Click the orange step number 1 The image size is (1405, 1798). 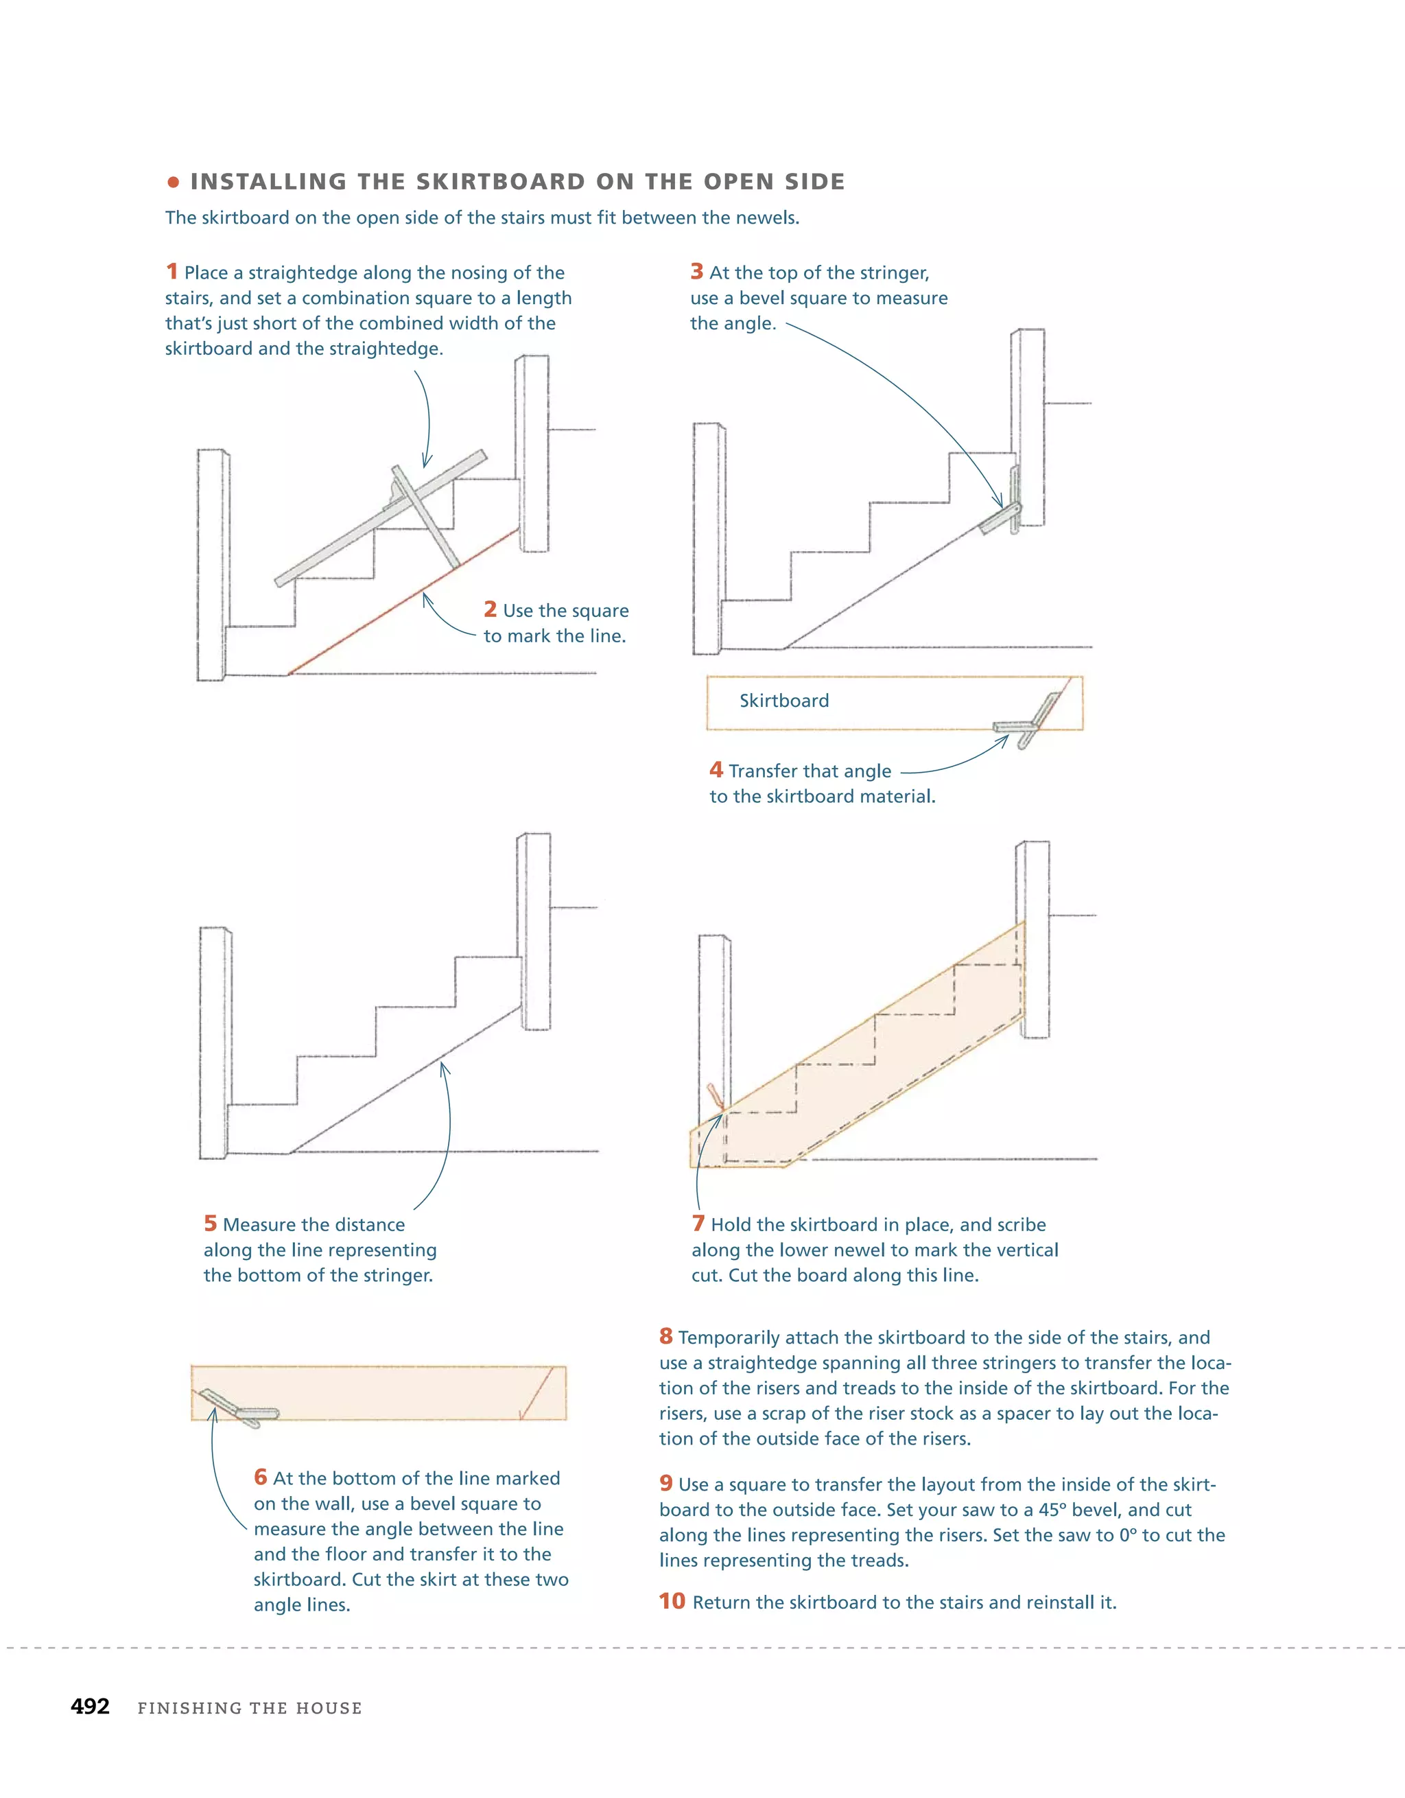(172, 271)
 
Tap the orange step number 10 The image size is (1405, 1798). (672, 1600)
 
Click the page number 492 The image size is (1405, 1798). (90, 1706)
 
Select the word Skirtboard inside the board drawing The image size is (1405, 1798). (783, 701)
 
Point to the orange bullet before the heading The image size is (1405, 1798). (173, 182)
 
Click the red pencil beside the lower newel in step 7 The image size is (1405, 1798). (716, 1096)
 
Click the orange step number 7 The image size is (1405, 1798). (698, 1224)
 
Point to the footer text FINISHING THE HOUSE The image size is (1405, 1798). (250, 1707)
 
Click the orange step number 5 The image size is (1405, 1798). (210, 1224)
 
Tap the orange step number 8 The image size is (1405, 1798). (666, 1336)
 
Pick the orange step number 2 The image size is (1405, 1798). (490, 609)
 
